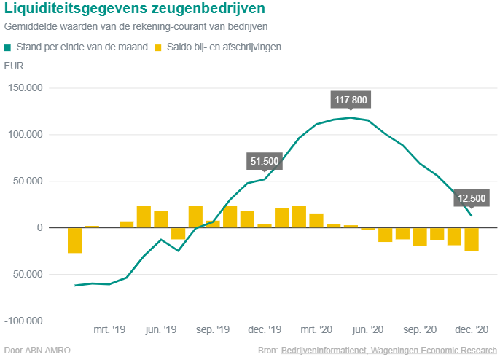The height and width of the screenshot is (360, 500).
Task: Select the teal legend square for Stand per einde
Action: click(8, 47)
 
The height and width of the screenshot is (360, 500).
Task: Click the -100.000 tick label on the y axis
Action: click(26, 321)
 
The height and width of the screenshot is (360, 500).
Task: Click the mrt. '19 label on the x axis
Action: click(109, 330)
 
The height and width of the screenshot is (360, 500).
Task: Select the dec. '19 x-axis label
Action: click(265, 330)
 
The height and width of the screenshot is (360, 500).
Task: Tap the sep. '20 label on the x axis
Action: click(420, 330)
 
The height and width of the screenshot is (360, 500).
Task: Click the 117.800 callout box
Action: click(351, 100)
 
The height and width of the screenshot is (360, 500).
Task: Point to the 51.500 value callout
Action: click(265, 161)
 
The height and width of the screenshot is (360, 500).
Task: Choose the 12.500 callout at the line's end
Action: click(472, 197)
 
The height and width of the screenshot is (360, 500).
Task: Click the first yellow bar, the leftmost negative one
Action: click(75, 240)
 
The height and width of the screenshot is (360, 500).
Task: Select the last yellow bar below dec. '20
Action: click(472, 240)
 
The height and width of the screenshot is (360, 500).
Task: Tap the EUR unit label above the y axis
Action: click(13, 66)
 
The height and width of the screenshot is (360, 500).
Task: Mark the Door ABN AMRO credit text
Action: click(37, 351)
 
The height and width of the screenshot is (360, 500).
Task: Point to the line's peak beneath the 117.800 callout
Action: click(351, 117)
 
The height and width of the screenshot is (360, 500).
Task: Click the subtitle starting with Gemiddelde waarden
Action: click(136, 26)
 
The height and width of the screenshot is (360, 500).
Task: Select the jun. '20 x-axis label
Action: click(368, 330)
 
